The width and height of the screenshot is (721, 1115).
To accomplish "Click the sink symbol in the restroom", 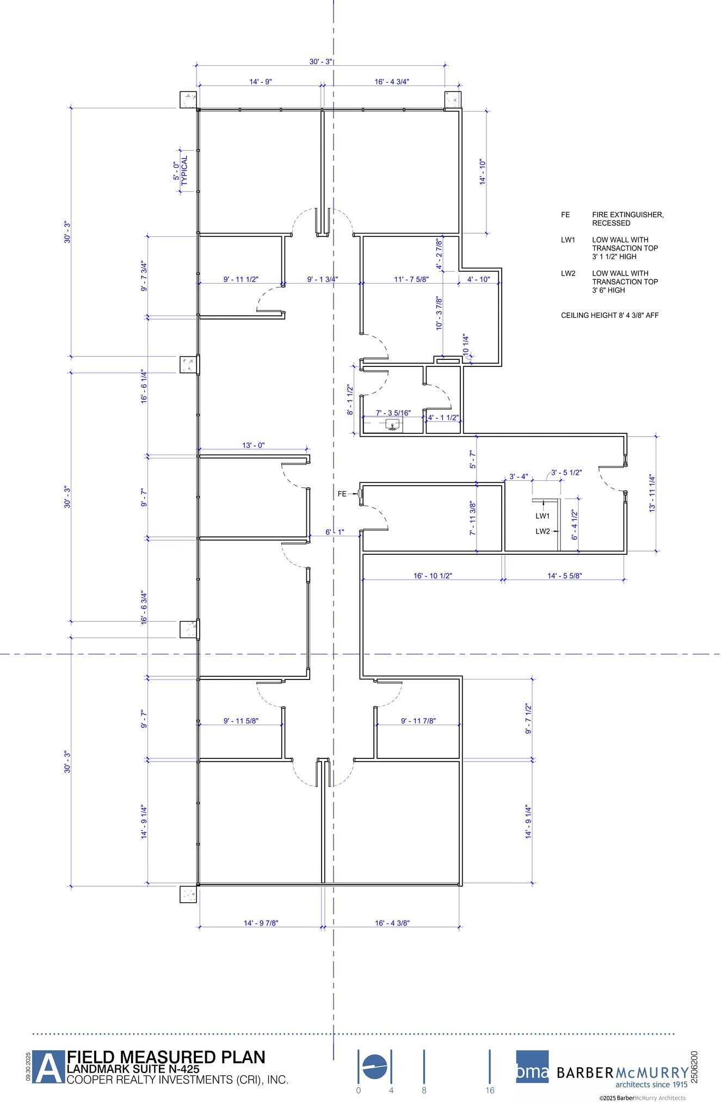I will click(x=392, y=425).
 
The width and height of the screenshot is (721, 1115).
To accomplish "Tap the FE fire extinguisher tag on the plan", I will click(x=342, y=494).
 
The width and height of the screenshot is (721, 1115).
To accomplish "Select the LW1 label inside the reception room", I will click(x=543, y=516).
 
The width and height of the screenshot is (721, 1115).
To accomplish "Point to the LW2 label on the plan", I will click(x=543, y=531).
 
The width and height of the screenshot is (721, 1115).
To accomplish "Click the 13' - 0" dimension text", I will click(x=253, y=445).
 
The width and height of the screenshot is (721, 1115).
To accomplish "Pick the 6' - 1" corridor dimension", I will click(x=335, y=532).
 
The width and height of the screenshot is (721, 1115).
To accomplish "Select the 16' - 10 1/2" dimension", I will click(x=433, y=575).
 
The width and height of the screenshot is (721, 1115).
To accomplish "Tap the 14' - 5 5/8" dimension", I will click(x=564, y=575).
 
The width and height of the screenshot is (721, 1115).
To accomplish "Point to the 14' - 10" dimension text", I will click(x=482, y=172).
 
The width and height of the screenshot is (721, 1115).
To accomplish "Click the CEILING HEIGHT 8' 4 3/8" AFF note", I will click(x=609, y=315).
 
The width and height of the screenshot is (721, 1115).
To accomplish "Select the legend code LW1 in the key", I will click(x=568, y=240).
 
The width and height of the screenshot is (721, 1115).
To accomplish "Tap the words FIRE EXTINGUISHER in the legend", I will click(x=627, y=215).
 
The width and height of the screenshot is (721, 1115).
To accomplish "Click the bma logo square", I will click(x=532, y=1067).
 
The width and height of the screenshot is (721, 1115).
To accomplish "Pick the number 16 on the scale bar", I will click(x=490, y=1091).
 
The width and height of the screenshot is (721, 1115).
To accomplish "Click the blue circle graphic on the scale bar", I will click(x=374, y=1067).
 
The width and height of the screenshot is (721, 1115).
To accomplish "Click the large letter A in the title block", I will click(x=48, y=1068).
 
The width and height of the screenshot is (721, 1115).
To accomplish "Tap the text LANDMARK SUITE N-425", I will click(x=133, y=1069).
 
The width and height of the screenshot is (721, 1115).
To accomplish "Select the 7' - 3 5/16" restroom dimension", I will click(x=393, y=413).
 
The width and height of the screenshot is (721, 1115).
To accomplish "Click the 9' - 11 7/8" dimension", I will click(x=418, y=721).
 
